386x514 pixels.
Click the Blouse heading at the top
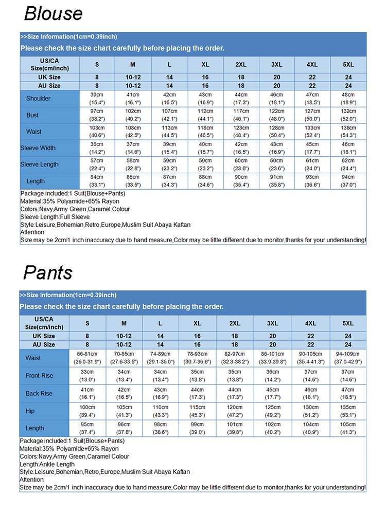[53, 14]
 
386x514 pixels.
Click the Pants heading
[48, 272]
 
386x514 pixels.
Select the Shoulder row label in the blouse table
[38, 99]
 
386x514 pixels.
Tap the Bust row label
[32, 115]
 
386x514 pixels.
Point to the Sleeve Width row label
[38, 148]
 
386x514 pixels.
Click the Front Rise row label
[39, 376]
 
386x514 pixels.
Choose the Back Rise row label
[39, 393]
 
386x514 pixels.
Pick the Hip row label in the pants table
[30, 411]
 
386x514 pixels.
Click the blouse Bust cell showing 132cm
[348, 115]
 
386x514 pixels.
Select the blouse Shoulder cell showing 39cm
[97, 99]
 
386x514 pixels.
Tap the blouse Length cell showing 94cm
[348, 181]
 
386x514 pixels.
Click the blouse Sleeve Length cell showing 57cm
[97, 164]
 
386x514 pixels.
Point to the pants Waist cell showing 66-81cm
[87, 358]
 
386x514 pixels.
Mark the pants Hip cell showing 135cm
[348, 411]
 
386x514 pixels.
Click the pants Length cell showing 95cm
[87, 428]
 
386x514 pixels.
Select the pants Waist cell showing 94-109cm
[348, 358]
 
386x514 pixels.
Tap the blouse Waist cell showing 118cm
[205, 132]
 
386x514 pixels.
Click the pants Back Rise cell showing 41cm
[87, 393]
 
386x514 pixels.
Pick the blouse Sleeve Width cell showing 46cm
[348, 148]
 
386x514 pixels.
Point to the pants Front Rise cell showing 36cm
[273, 376]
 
